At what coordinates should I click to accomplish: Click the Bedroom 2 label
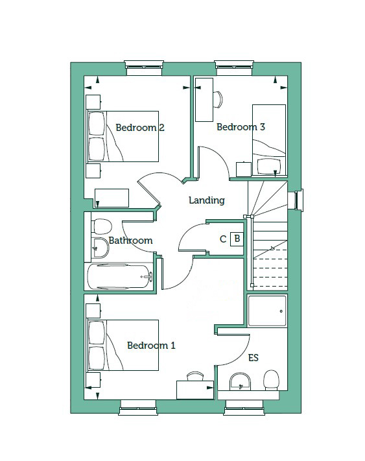click(140, 128)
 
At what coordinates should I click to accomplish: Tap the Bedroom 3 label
click(241, 127)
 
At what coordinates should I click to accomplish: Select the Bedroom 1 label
click(151, 345)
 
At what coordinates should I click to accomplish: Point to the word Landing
click(207, 200)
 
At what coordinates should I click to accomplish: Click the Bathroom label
click(130, 241)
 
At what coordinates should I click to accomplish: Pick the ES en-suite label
click(253, 358)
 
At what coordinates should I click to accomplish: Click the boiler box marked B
click(237, 239)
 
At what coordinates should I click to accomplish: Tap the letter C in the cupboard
click(223, 239)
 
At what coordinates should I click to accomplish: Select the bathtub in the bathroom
click(120, 277)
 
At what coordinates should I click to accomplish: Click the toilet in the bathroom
click(102, 226)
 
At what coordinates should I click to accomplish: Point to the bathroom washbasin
click(100, 248)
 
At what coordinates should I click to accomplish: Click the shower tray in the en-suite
click(267, 311)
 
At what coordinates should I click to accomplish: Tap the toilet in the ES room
click(271, 380)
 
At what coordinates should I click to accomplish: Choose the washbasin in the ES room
click(240, 382)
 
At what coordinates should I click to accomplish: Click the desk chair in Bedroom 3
click(218, 99)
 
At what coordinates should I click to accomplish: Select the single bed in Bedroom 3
click(269, 140)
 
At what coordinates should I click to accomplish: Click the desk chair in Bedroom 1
click(195, 376)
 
